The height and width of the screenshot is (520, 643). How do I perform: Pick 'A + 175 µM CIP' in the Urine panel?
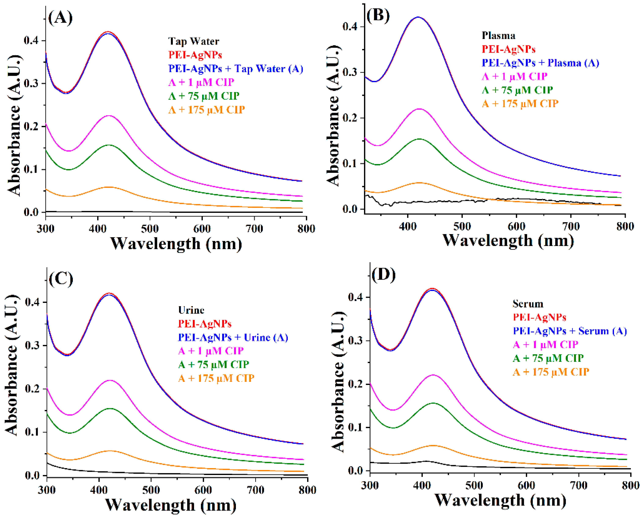pyautogui.click(x=216, y=378)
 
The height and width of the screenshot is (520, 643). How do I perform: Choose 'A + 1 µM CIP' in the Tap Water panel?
pyautogui.click(x=201, y=82)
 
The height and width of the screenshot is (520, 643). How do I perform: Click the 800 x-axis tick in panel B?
pyautogui.click(x=625, y=226)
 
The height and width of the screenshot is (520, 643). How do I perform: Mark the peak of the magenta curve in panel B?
pyautogui.click(x=419, y=109)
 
